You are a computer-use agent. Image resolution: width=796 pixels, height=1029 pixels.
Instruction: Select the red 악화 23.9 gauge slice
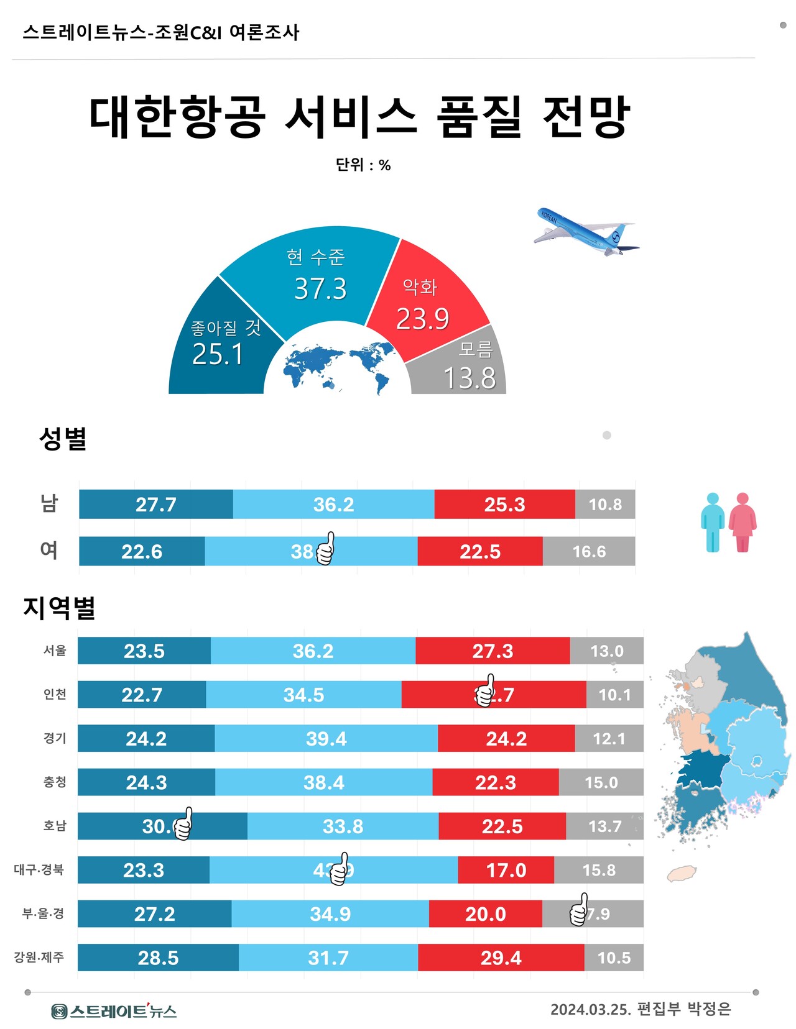coord(426,298)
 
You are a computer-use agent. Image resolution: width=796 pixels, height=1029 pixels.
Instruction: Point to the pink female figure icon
coord(742,522)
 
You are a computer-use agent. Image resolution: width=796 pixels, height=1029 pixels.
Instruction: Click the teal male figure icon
coord(713,522)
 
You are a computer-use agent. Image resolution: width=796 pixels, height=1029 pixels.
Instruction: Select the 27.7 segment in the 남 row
coord(155,504)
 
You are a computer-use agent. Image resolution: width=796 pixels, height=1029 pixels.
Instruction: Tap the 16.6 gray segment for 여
coord(588,551)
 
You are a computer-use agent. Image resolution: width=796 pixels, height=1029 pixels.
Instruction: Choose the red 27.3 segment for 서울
coord(493,651)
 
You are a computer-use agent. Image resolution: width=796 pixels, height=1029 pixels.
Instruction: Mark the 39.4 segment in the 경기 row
coord(326,738)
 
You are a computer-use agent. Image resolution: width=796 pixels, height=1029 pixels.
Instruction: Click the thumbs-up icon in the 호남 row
coord(183,825)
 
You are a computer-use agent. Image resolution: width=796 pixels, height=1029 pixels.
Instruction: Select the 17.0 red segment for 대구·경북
coord(506,870)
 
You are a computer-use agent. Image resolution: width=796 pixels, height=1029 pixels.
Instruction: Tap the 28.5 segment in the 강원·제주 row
coord(158,958)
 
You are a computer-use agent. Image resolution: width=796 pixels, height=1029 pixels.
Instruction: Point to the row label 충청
coord(55,782)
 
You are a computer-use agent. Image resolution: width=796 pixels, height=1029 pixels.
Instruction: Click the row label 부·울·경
coord(43,913)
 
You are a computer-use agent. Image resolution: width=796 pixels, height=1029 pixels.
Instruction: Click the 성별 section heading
coord(62,439)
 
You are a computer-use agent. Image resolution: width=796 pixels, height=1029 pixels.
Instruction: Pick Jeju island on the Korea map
coord(682,874)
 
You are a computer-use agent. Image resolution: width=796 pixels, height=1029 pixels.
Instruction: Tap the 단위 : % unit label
coord(363,165)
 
